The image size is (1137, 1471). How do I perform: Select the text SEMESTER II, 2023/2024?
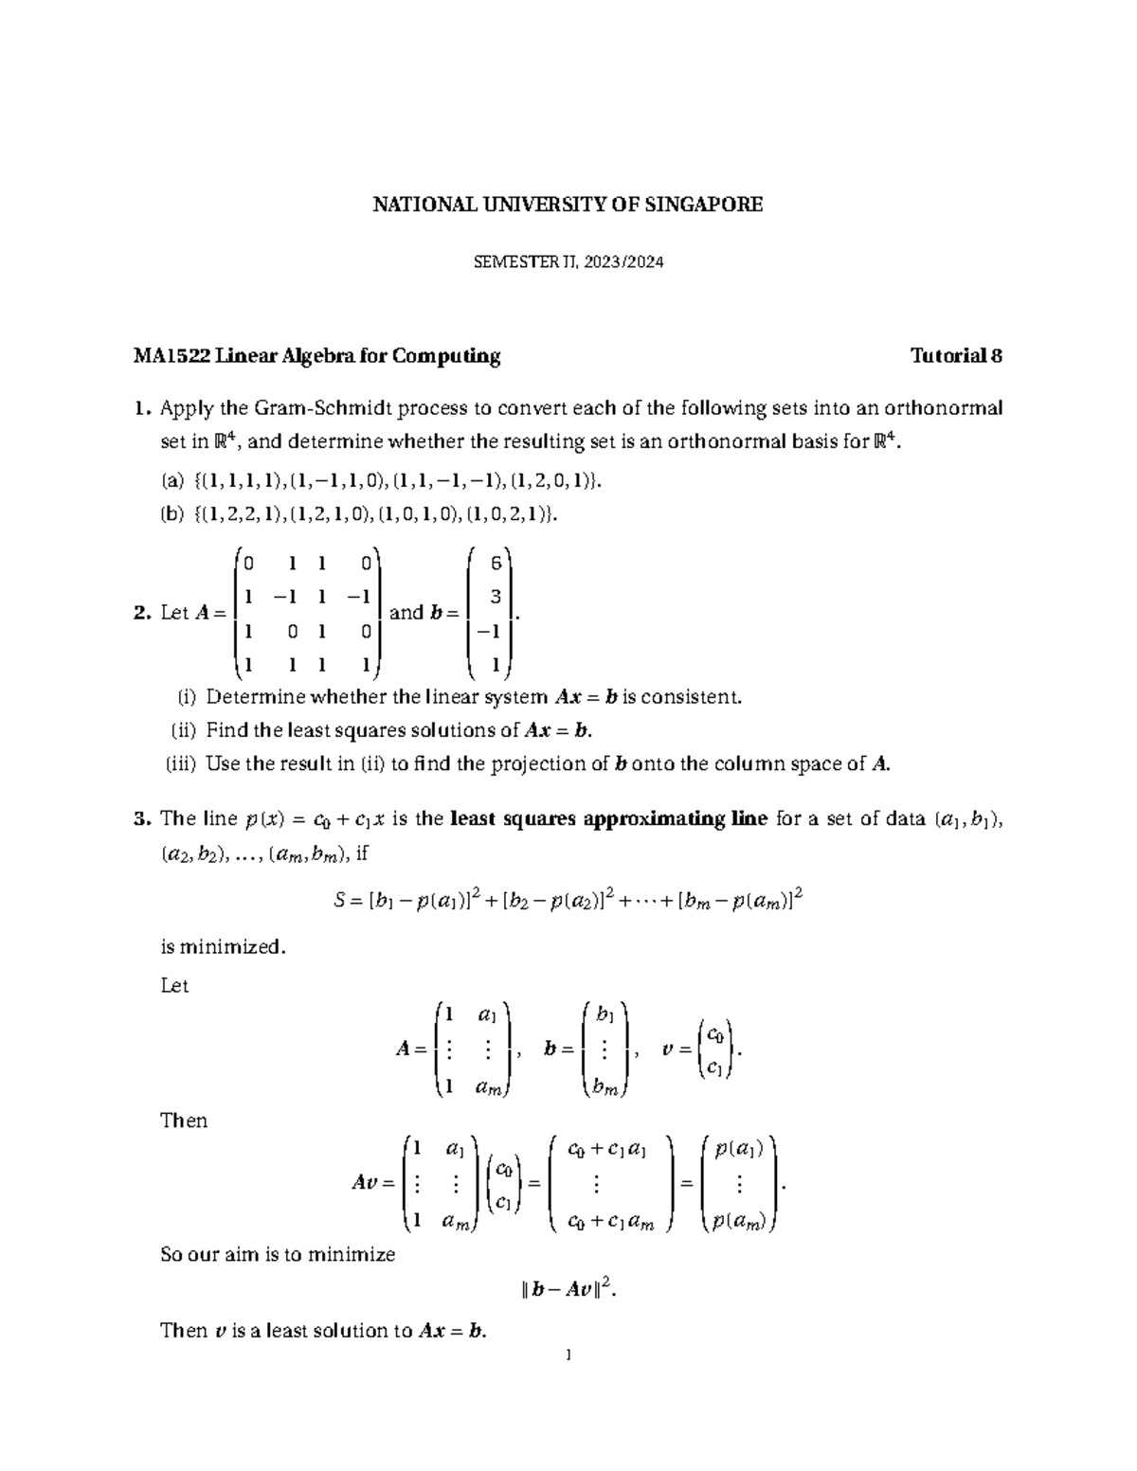coord(568,262)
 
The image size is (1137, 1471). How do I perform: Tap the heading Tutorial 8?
coord(956,356)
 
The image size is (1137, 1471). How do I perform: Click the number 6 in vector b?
coord(495,564)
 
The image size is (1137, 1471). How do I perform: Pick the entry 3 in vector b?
coord(495,598)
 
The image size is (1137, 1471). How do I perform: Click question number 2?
coord(142,613)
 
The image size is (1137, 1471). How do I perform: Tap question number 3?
coord(142,819)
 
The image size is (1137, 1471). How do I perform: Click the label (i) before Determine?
coord(186,697)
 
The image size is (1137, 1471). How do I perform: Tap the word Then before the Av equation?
coord(184,1121)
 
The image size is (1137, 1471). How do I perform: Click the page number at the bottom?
coord(568,1355)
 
